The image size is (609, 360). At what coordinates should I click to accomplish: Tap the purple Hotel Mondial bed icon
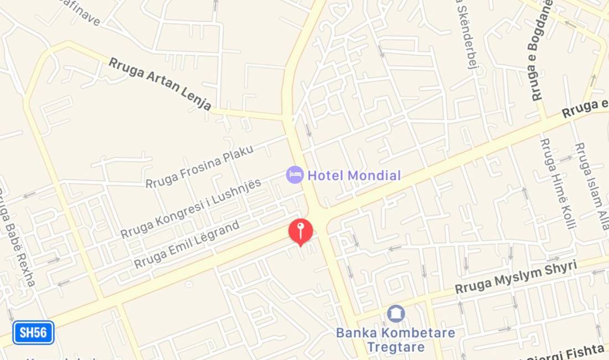coord(295,175)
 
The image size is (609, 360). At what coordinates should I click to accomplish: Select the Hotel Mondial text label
coord(354,176)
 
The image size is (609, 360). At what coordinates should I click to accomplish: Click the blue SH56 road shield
coord(33,333)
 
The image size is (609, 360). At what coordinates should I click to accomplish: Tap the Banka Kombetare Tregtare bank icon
coord(395,313)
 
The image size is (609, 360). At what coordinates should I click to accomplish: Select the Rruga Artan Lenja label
coord(159,84)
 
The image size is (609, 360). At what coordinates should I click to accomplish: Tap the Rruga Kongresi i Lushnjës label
coord(191,208)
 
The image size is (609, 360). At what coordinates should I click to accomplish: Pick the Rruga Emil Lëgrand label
coord(187,244)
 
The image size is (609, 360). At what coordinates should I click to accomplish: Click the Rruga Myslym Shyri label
coord(515,277)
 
